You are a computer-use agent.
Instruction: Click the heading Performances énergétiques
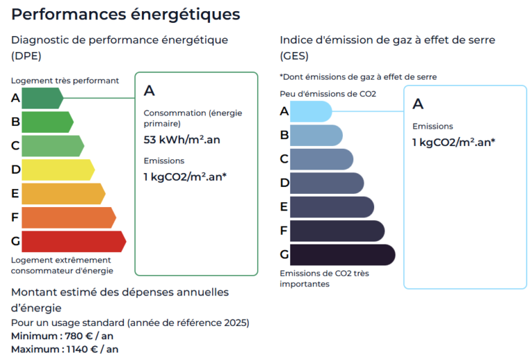pyautogui.click(x=126, y=14)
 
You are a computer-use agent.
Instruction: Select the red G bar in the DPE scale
pyautogui.click(x=73, y=242)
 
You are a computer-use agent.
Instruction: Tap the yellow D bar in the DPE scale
pyautogui.click(x=57, y=170)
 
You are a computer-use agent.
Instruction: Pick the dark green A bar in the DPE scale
pyautogui.click(x=42, y=98)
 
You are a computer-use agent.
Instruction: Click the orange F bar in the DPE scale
pyautogui.click(x=67, y=217)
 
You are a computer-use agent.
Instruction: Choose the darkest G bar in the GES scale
pyautogui.click(x=342, y=255)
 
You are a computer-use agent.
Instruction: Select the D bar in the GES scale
pyautogui.click(x=326, y=183)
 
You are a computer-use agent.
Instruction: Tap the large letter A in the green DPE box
pyautogui.click(x=149, y=91)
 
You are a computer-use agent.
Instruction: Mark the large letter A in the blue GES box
pyautogui.click(x=418, y=104)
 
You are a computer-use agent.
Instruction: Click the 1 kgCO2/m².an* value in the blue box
pyautogui.click(x=453, y=143)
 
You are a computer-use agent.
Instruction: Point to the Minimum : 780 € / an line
pyautogui.click(x=62, y=336)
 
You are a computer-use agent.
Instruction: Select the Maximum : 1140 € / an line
pyautogui.click(x=64, y=349)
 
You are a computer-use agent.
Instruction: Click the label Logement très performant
pyautogui.click(x=65, y=80)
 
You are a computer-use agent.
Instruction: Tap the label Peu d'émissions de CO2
pyautogui.click(x=328, y=93)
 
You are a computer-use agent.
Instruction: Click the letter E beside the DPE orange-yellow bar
pyautogui.click(x=15, y=194)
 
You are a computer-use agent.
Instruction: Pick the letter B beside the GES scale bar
pyautogui.click(x=284, y=135)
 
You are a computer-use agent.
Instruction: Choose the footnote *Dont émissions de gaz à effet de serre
pyautogui.click(x=358, y=77)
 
